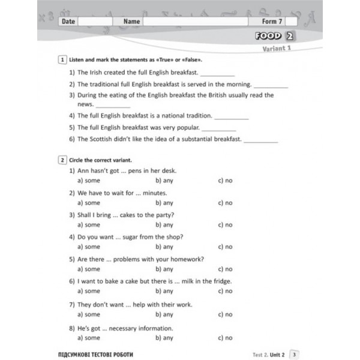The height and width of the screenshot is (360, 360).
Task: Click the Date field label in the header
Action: point(68,21)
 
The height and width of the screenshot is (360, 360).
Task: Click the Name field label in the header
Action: point(131,21)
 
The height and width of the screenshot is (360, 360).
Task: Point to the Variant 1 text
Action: point(277,49)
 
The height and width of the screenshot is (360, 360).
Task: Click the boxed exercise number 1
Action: point(62,61)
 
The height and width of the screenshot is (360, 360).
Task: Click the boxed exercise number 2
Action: point(62,160)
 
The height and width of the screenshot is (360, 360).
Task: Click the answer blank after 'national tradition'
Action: point(231,116)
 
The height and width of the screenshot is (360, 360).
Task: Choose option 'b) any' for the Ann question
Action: point(164,181)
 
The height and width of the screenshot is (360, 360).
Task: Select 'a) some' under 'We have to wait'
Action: point(89,203)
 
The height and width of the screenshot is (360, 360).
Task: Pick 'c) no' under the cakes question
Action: point(225,225)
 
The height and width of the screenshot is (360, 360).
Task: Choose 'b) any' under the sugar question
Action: point(164,247)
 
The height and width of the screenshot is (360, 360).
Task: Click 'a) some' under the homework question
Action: point(89,269)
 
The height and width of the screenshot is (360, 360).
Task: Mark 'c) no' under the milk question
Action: point(225,291)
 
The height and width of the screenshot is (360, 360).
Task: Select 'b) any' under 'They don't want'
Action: point(164,314)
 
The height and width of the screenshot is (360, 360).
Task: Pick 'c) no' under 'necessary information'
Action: point(225,338)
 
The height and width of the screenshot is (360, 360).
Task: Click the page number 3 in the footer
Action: point(295,353)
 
